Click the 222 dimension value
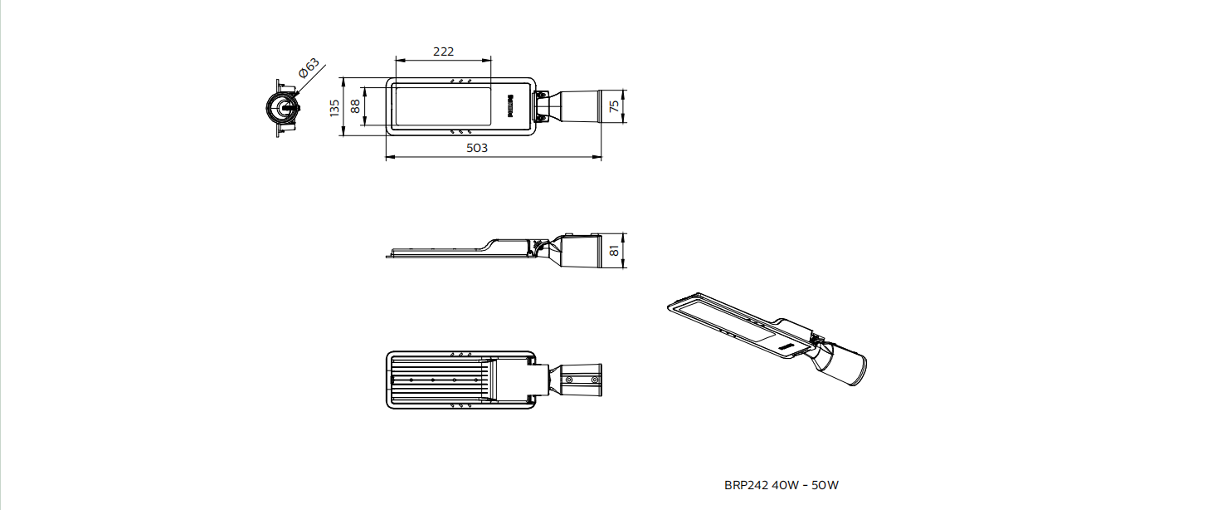coord(443,51)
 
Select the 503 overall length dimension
coord(477,148)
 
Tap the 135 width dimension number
coord(334,107)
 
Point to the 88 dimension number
coord(355,105)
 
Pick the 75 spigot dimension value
coord(615,105)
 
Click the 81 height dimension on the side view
coord(615,251)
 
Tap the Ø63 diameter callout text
coord(309,68)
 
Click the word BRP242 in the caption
coord(746,485)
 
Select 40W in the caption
coord(785,485)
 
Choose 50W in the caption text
coord(825,485)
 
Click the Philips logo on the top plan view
coord(510,105)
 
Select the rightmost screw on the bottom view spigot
coord(595,380)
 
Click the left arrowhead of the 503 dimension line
coord(390,157)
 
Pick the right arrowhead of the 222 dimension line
coord(487,60)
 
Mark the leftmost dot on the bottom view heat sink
coord(411,380)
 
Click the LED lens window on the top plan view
coord(441,105)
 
